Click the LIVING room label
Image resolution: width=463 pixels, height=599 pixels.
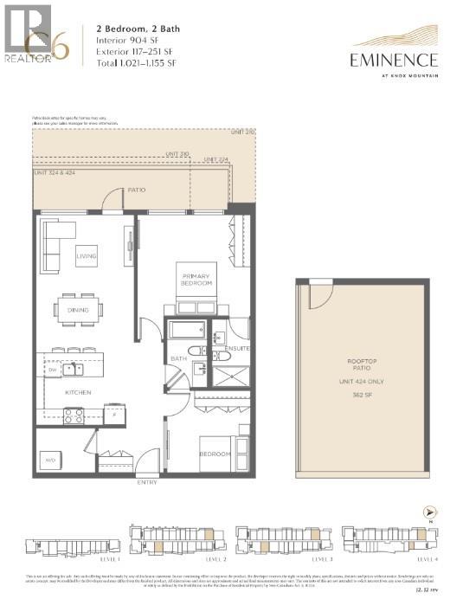[x=87, y=256]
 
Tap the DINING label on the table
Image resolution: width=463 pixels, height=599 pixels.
[x=79, y=309]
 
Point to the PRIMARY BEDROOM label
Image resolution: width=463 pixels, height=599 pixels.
[x=196, y=280]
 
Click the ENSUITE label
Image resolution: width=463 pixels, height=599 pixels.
[x=237, y=348]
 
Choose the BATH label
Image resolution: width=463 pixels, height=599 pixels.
[x=178, y=358]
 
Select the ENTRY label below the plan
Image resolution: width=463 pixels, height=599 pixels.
[x=147, y=482]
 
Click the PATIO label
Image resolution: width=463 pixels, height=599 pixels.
[x=136, y=189]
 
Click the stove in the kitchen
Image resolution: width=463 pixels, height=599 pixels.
[x=73, y=415]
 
